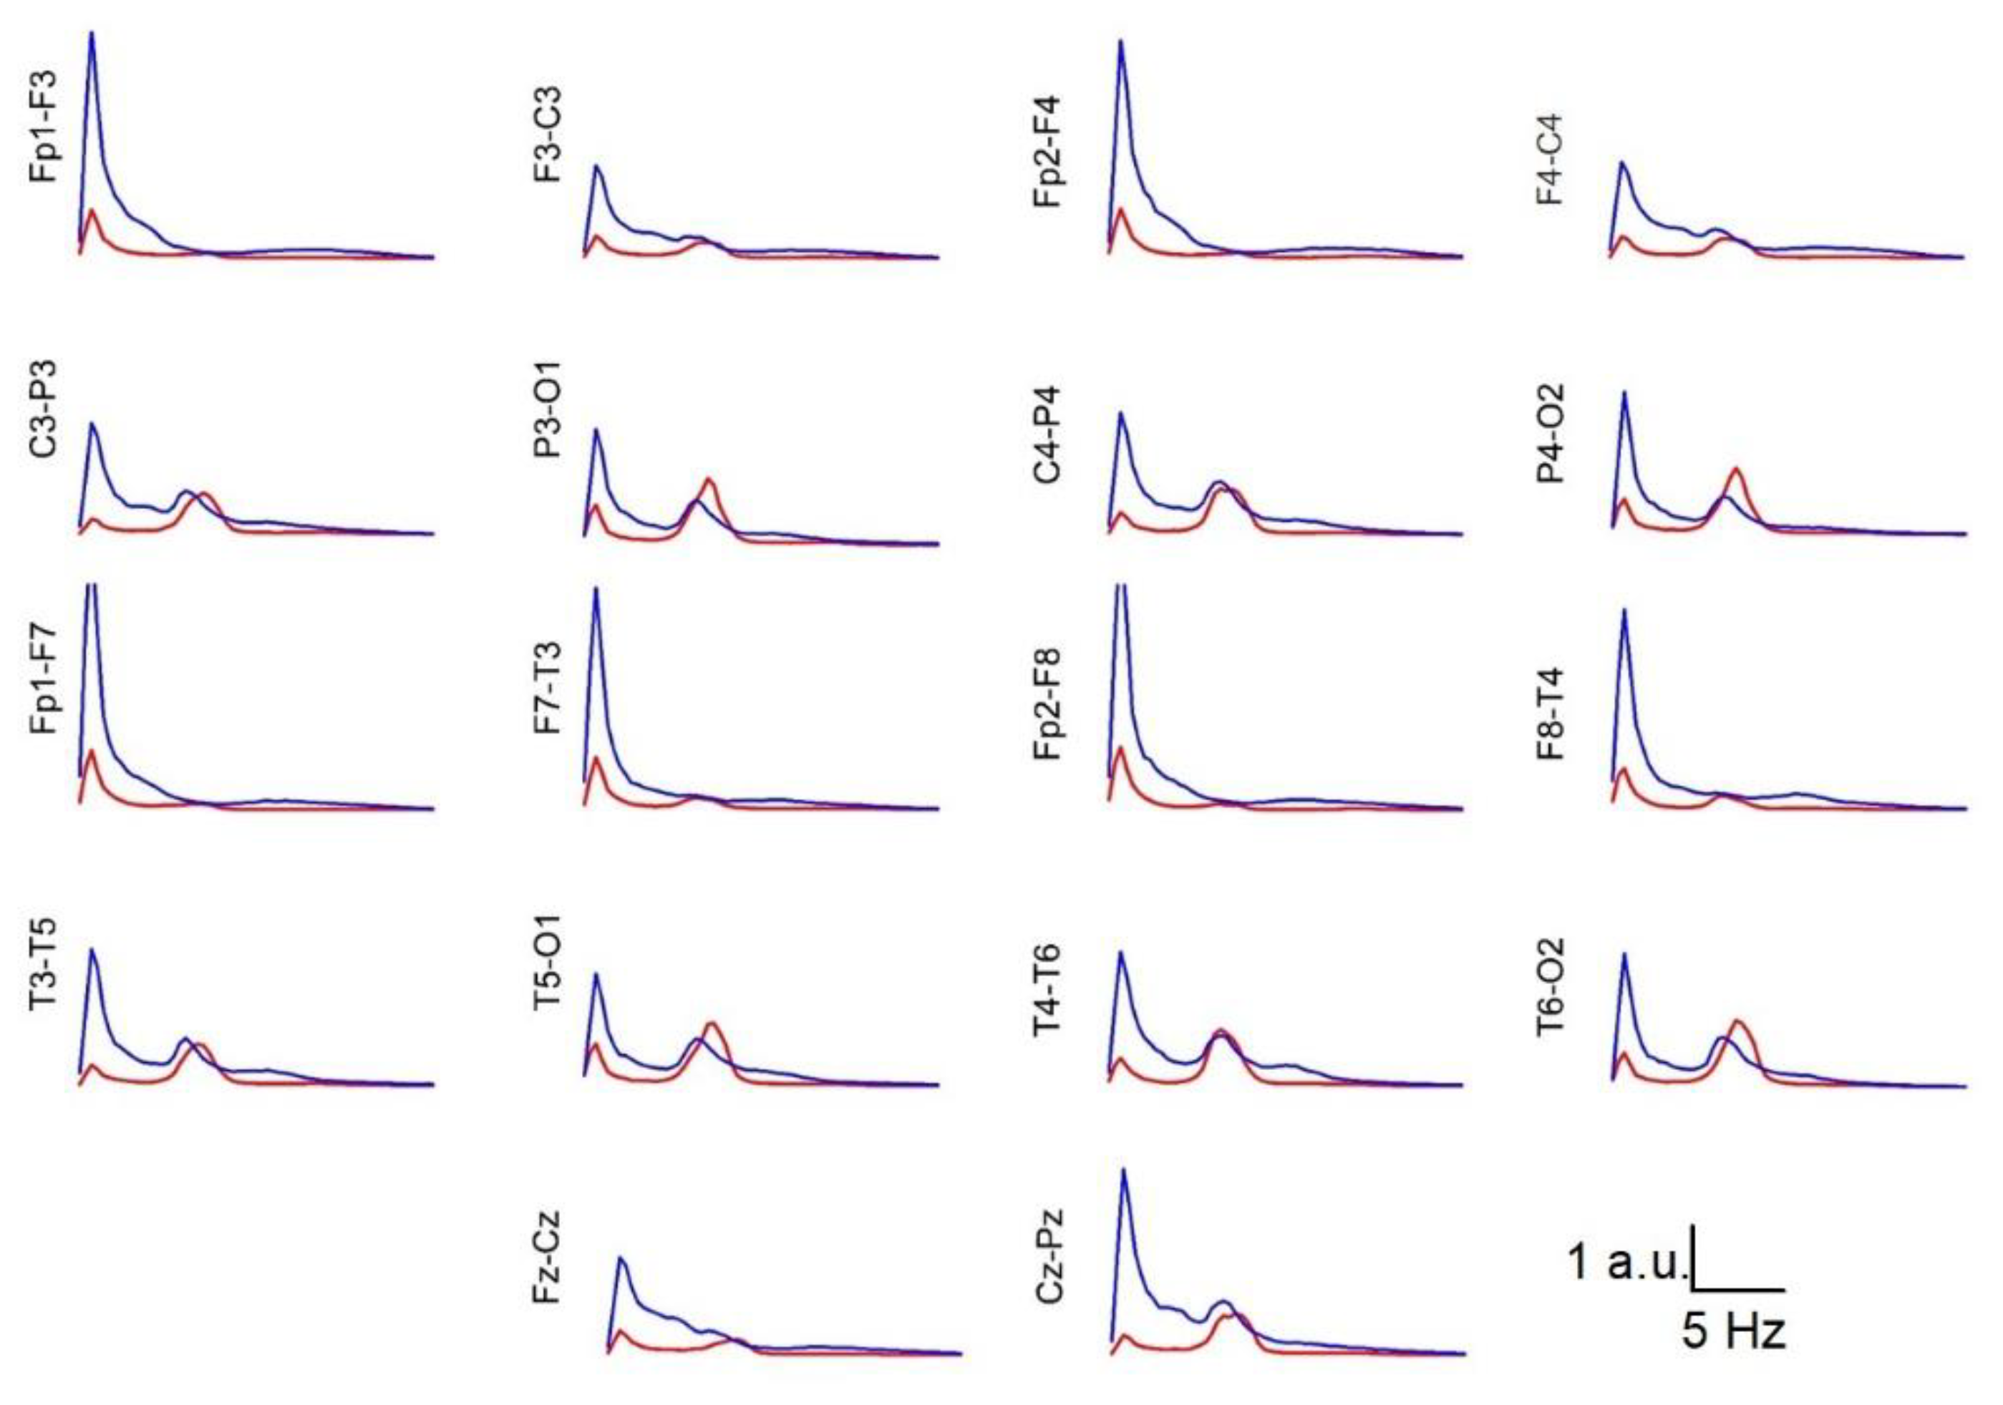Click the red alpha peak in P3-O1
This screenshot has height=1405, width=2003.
pyautogui.click(x=709, y=479)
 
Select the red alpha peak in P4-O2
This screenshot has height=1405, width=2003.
pyautogui.click(x=1736, y=470)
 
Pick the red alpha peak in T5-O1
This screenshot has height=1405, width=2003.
pyautogui.click(x=712, y=1023)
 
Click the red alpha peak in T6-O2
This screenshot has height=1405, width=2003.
pyautogui.click(x=1737, y=1021)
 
